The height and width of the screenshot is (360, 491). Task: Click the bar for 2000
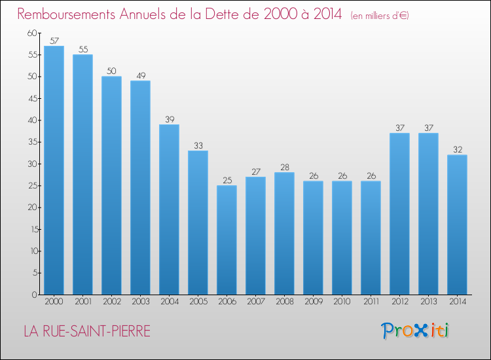click(x=54, y=170)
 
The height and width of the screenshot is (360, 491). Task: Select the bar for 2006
click(x=227, y=240)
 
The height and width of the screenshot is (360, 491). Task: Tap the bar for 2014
click(x=457, y=225)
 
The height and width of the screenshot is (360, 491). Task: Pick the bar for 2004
click(x=169, y=209)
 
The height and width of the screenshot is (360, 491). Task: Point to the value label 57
click(x=54, y=41)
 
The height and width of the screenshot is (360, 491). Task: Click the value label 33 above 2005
click(x=198, y=145)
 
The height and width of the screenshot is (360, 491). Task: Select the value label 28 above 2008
click(x=284, y=167)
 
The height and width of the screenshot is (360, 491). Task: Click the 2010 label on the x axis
click(x=342, y=302)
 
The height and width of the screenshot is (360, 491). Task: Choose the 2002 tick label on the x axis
click(x=111, y=302)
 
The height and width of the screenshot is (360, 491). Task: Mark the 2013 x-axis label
click(x=428, y=302)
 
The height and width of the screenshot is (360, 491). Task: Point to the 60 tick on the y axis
click(x=32, y=33)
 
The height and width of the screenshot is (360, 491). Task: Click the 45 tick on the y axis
click(x=32, y=98)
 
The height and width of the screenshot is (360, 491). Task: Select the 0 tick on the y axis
click(x=34, y=295)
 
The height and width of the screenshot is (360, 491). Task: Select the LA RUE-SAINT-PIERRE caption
click(x=87, y=332)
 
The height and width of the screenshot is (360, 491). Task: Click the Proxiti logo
click(x=415, y=331)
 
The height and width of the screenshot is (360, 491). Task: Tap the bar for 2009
click(x=313, y=238)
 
